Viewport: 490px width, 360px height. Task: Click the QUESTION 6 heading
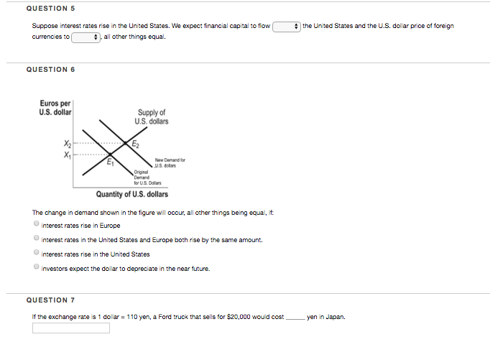50,69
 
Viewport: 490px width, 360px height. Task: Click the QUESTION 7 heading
50,299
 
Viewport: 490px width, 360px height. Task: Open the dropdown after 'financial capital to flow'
287,26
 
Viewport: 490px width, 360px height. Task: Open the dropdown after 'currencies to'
85,37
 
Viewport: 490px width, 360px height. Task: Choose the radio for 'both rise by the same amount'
36,239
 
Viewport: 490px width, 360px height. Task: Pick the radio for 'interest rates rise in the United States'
36,253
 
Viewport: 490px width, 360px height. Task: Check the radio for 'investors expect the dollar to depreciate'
36,267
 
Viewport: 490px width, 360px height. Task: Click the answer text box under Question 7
71,328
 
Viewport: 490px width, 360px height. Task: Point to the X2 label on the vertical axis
68,144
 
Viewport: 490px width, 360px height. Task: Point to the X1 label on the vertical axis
68,153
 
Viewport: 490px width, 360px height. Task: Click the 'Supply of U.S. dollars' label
152,116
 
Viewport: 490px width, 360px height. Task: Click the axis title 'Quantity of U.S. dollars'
132,194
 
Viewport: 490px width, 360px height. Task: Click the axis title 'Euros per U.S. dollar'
55,109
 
